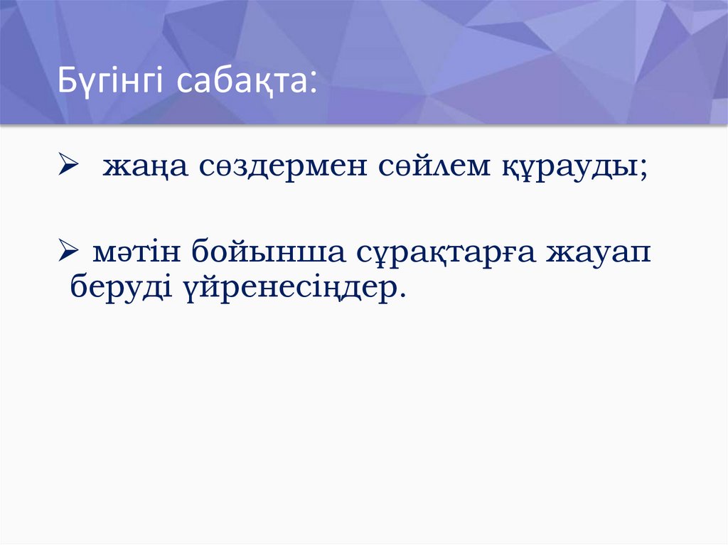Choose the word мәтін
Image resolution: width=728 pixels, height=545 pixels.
[x=133, y=252]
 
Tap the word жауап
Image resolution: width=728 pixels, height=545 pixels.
[x=598, y=253]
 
